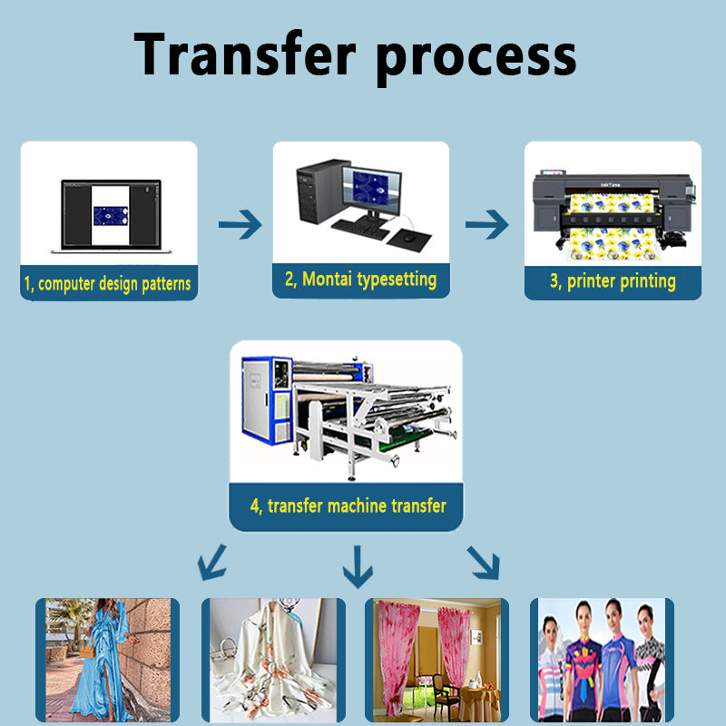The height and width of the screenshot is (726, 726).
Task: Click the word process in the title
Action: tap(476, 56)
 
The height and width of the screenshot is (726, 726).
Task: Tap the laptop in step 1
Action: tap(108, 216)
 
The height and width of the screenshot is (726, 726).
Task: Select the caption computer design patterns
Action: tap(108, 284)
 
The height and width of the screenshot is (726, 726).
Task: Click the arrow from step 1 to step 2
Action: tap(240, 224)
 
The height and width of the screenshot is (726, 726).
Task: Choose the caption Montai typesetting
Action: tap(360, 280)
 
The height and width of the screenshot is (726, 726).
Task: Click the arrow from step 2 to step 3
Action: tap(486, 224)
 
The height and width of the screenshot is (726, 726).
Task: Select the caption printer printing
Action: tap(613, 281)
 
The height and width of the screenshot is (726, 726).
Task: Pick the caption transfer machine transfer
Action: tap(348, 505)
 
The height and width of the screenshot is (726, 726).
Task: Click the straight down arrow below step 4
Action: tap(358, 566)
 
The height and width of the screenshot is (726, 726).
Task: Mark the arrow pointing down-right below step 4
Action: tap(483, 563)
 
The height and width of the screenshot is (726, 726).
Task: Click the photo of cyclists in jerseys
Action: tap(603, 660)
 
